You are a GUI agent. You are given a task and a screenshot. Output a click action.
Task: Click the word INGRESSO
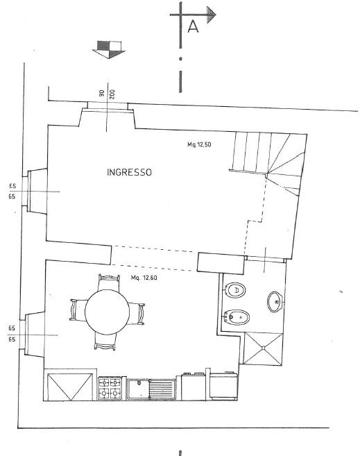[x=129, y=172]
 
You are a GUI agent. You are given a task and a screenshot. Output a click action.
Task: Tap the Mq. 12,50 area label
[x=199, y=144]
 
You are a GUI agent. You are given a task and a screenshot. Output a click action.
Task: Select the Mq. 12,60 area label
[x=144, y=278]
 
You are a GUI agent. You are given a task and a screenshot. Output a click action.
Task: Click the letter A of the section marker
[x=194, y=26]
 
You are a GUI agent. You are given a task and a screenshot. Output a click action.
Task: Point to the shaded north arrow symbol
[x=109, y=49]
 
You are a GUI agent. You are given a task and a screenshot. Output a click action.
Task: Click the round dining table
[x=108, y=312]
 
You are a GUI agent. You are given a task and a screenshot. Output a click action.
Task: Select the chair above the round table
[x=109, y=282]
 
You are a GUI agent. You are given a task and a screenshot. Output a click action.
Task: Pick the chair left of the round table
[x=78, y=310]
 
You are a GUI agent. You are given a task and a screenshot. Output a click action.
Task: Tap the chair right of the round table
[x=137, y=314]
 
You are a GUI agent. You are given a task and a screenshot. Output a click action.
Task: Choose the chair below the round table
[x=105, y=341]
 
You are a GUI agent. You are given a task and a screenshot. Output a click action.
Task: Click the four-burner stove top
[x=110, y=388]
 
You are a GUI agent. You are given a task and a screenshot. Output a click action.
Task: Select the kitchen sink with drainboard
[x=152, y=389]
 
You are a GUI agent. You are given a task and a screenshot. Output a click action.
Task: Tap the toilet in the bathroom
[x=235, y=290]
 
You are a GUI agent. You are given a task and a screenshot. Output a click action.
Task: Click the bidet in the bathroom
[x=237, y=317]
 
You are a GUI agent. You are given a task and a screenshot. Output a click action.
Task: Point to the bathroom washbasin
[x=275, y=302]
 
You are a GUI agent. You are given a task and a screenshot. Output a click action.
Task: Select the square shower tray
[x=263, y=348]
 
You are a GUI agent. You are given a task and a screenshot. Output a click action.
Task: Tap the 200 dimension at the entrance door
[x=112, y=94]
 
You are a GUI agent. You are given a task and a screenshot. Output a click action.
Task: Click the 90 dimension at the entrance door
[x=102, y=94]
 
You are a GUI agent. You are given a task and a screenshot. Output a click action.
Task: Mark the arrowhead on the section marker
[x=212, y=15]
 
